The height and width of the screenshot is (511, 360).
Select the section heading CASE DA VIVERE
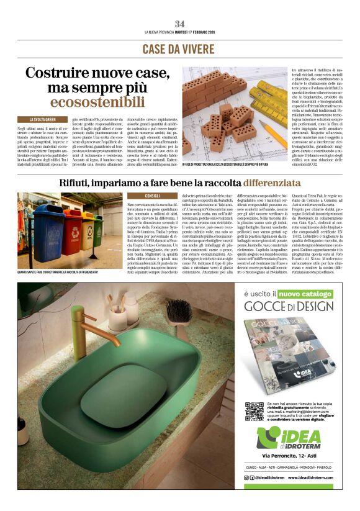(x=179, y=49)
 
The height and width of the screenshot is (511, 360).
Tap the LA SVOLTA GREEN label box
(x=43, y=119)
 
